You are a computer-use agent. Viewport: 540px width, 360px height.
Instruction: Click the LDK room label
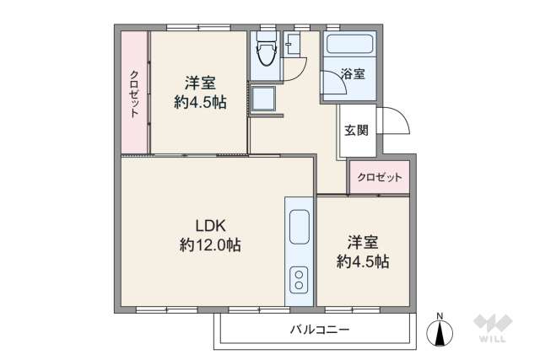[210, 225]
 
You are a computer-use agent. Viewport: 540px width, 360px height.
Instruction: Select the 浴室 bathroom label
[353, 73]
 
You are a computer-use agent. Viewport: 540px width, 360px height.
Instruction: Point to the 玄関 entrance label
[355, 130]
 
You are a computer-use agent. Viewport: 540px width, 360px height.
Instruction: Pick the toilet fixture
[266, 54]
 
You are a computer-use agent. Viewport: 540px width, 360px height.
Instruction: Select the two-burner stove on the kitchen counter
[299, 279]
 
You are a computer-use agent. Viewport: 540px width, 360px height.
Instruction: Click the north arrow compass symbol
[440, 330]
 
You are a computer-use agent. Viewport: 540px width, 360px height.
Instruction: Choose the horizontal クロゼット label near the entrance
[379, 177]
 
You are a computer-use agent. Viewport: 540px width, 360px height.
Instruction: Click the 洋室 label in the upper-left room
[200, 83]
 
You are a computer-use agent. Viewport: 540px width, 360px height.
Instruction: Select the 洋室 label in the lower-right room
[363, 242]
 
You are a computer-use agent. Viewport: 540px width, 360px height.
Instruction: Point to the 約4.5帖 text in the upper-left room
[200, 102]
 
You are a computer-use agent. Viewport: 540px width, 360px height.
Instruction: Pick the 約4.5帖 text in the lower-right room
[363, 261]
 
